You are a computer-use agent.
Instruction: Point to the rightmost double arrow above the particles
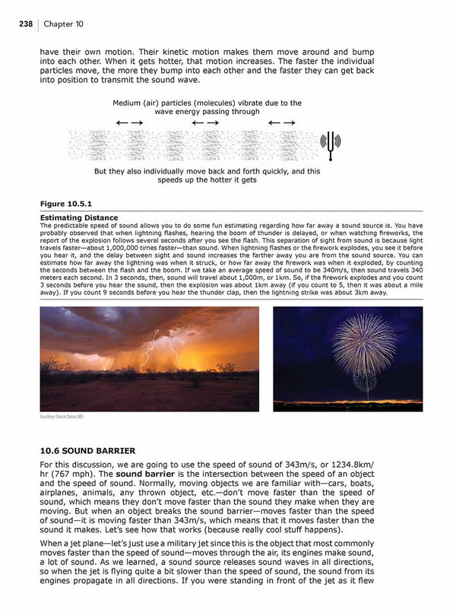click(x=282, y=122)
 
